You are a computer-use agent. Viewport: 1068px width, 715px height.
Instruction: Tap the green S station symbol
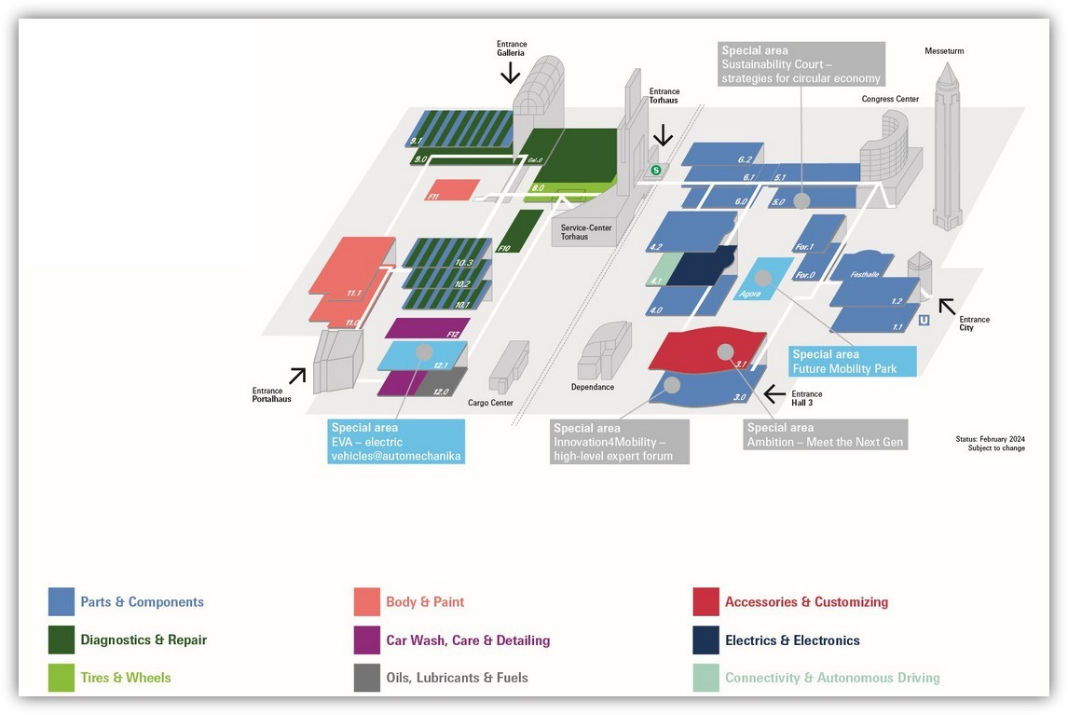click(656, 170)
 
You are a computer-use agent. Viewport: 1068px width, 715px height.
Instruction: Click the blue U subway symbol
click(924, 320)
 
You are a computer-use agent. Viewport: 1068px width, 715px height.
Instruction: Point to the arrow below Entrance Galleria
click(511, 72)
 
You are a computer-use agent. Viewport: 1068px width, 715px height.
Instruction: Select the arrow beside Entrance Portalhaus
click(297, 375)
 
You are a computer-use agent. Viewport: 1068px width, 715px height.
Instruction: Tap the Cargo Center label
click(490, 403)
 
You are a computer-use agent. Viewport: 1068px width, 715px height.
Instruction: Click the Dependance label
click(593, 387)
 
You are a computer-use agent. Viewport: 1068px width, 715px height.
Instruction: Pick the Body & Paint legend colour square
click(367, 602)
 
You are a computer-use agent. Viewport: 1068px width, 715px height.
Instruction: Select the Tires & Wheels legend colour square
click(62, 678)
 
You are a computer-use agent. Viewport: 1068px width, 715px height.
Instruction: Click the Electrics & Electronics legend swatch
click(706, 640)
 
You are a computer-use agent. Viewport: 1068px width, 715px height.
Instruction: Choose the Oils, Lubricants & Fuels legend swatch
click(367, 678)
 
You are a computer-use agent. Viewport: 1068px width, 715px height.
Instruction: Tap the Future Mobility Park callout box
click(853, 361)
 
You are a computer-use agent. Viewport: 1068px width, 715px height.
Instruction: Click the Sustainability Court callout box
click(801, 64)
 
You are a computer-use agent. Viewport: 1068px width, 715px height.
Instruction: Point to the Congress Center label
click(890, 99)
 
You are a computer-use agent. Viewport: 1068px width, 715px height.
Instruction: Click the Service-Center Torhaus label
click(575, 231)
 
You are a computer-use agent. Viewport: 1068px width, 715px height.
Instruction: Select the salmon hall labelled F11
click(452, 189)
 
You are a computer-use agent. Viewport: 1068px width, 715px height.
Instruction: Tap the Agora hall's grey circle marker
click(763, 278)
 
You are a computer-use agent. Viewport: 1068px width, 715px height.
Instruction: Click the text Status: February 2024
click(990, 438)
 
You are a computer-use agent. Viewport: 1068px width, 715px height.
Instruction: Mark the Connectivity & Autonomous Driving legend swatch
click(706, 678)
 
